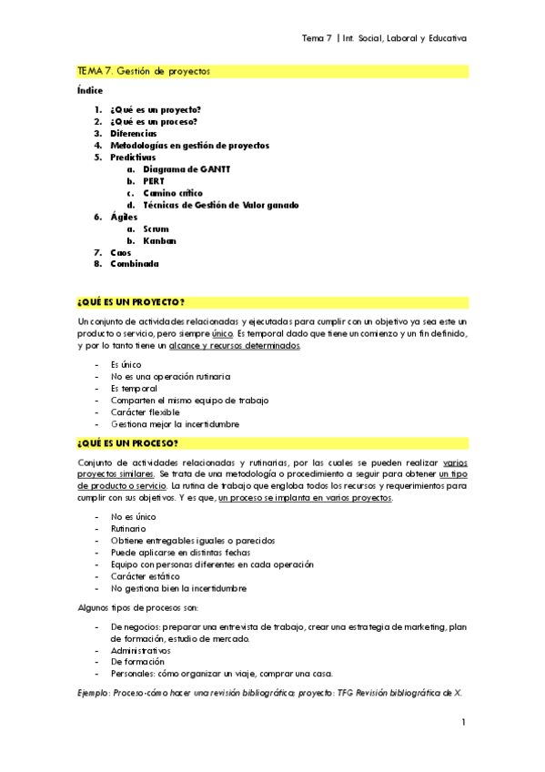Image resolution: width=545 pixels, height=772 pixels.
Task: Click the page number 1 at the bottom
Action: pyautogui.click(x=463, y=722)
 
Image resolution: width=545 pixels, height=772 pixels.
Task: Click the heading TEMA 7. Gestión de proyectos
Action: pyautogui.click(x=143, y=70)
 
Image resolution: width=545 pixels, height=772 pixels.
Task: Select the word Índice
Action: pyautogui.click(x=90, y=90)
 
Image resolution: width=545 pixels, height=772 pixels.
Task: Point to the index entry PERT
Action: pyautogui.click(x=154, y=181)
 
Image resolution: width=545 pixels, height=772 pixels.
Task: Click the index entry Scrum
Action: pyautogui.click(x=156, y=229)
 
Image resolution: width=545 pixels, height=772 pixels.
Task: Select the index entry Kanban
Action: pyautogui.click(x=159, y=240)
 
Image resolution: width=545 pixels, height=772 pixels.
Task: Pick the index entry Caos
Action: pyautogui.click(x=121, y=252)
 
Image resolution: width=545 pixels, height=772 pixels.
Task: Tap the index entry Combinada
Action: pyautogui.click(x=135, y=264)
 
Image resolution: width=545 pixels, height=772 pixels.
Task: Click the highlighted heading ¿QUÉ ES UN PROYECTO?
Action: pyautogui.click(x=131, y=301)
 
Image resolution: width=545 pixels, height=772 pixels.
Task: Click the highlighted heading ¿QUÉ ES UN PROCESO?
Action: pyautogui.click(x=128, y=443)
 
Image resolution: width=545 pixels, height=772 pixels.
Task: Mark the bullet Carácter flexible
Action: pyautogui.click(x=146, y=411)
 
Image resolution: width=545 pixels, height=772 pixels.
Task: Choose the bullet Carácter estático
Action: pyautogui.click(x=146, y=576)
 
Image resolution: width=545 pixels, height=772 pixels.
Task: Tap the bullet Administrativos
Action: pyautogui.click(x=141, y=651)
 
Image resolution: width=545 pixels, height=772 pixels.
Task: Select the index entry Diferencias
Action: pyautogui.click(x=133, y=134)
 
